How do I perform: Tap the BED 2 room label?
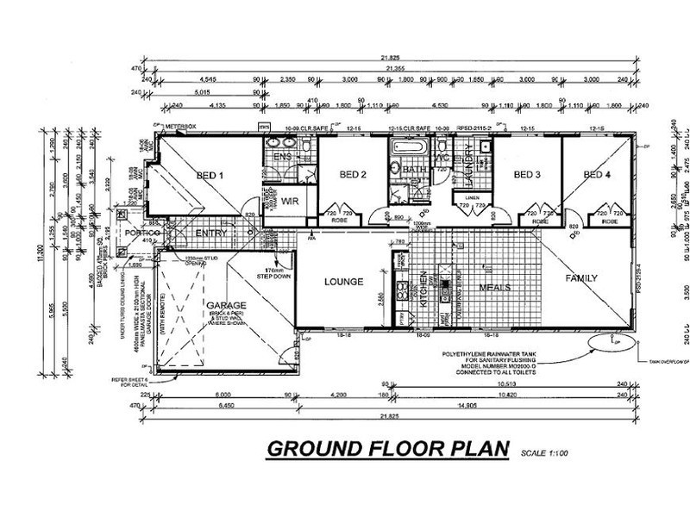pos(353,175)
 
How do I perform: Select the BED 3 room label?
pos(526,175)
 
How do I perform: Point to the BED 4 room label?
pos(597,175)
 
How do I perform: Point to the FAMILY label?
pos(581,278)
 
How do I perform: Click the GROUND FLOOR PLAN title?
pos(388,450)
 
